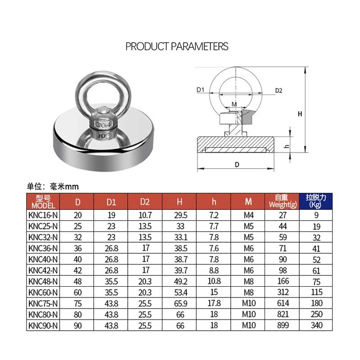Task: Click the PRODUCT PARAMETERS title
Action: pos(177,46)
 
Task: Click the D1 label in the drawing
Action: pos(201,90)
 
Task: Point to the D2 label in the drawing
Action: pos(279,90)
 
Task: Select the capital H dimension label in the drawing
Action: pos(300,114)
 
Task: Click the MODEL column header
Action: pos(43,202)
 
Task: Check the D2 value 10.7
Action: pos(145,216)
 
